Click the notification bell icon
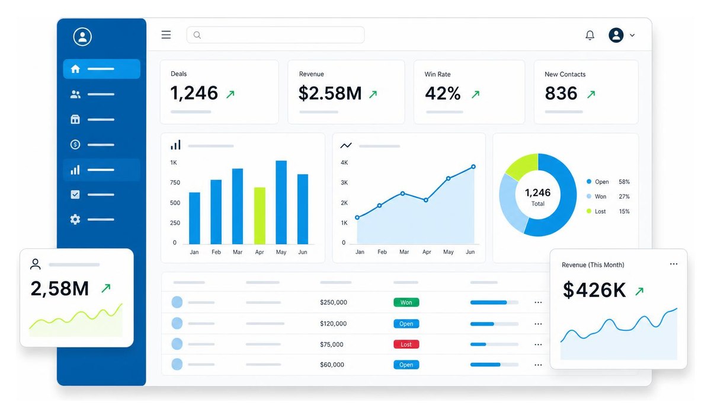click(590, 35)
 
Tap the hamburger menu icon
click(166, 34)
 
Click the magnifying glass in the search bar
click(197, 35)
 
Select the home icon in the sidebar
click(75, 69)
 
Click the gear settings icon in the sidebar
click(75, 219)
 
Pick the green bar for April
click(260, 216)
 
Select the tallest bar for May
click(281, 202)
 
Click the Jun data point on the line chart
click(473, 167)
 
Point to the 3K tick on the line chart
click(344, 183)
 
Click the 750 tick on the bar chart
click(175, 183)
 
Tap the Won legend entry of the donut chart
click(597, 196)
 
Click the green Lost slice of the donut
click(521, 165)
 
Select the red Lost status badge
click(406, 344)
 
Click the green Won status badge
click(406, 302)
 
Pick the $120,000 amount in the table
click(333, 324)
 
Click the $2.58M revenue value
click(330, 94)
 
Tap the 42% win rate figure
click(443, 94)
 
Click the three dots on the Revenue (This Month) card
click(674, 264)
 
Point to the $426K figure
click(594, 290)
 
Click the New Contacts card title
click(565, 74)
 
